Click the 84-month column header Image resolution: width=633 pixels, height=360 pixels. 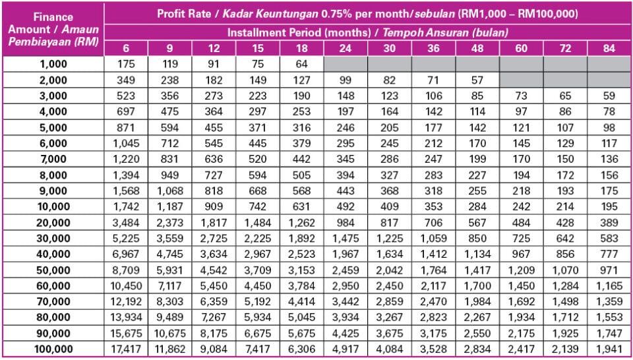click(x=609, y=48)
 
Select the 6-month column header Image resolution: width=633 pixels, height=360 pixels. click(x=125, y=48)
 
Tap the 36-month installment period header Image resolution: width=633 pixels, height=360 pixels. click(x=433, y=48)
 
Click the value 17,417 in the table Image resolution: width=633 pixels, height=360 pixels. click(x=125, y=349)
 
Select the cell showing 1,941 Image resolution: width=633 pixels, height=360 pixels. click(x=609, y=349)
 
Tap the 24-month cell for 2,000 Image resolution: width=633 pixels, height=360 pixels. click(x=346, y=79)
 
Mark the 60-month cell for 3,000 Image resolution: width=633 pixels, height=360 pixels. click(x=521, y=95)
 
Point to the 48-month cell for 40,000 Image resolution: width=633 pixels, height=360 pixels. click(x=477, y=254)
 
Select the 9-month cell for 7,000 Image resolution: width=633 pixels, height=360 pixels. click(x=169, y=159)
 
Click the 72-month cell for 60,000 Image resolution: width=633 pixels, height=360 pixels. click(x=565, y=285)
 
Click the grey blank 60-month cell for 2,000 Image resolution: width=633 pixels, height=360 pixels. click(x=521, y=79)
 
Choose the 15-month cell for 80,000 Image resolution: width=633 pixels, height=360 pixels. click(x=257, y=317)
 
